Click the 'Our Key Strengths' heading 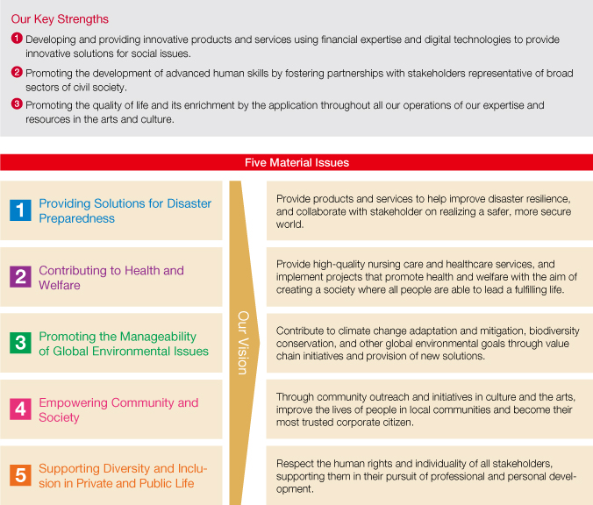point(60,19)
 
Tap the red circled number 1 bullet point(17,39)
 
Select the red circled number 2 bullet point(17,72)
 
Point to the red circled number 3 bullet point(17,103)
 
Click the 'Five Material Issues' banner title point(296,162)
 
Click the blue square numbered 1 point(20,210)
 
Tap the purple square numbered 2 point(20,277)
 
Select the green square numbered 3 point(20,343)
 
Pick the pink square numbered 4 point(20,409)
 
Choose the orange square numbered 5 point(20,475)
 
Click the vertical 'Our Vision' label point(243,343)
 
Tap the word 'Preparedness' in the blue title point(77,218)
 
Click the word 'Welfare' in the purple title point(60,285)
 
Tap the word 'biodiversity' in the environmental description point(554,331)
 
